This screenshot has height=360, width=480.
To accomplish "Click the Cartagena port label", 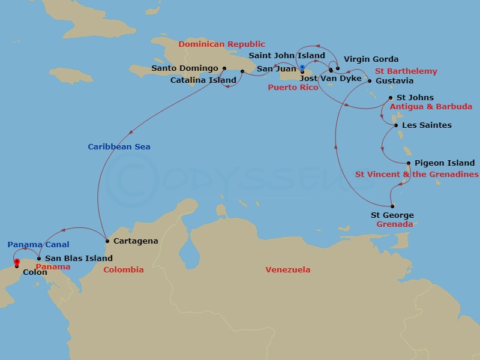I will click(136, 241).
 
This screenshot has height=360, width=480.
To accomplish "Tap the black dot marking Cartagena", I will click(107, 241).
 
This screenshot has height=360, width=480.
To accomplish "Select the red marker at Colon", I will click(17, 262).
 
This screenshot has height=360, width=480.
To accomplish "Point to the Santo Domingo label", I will click(185, 68).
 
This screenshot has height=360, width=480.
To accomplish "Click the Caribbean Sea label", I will click(119, 147).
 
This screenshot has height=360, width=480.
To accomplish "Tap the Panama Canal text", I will click(38, 245).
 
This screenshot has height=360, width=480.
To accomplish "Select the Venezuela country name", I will click(288, 270).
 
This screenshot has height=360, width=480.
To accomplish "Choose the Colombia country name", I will click(124, 270).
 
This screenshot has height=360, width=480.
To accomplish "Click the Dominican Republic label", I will click(221, 44).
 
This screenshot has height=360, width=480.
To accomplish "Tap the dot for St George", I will click(392, 206).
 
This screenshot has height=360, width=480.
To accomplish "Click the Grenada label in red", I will click(394, 224).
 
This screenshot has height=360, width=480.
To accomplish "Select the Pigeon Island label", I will click(445, 163).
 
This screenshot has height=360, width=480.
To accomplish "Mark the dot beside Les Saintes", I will click(395, 125).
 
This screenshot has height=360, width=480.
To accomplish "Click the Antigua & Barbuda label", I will click(431, 107).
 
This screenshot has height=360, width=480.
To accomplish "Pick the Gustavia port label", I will click(394, 81).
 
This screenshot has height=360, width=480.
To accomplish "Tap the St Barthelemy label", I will click(406, 71).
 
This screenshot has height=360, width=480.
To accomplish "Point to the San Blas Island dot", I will click(39, 259).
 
